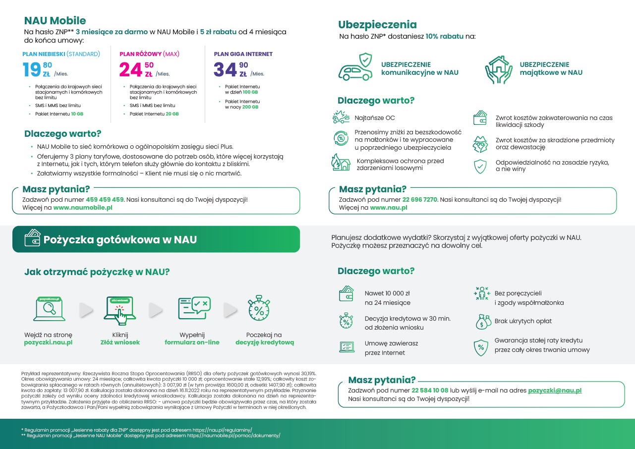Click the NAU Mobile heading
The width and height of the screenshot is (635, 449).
pos(55,21)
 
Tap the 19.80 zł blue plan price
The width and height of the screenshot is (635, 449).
pos(37,69)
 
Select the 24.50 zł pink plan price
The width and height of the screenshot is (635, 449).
pos(136,69)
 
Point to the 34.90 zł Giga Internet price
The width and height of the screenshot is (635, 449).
pos(230,69)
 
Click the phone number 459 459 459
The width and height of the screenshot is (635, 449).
pos(105,200)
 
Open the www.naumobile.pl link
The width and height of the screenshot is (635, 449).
pos(83,208)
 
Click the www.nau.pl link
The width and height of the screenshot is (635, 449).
pos(388,208)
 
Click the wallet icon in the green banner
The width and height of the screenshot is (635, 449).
pos(32,238)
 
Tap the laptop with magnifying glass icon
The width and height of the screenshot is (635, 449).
pos(49,309)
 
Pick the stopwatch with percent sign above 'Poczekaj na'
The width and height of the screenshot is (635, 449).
pos(259,308)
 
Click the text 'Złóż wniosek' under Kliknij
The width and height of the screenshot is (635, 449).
pos(120,342)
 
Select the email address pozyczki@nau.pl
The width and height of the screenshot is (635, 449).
pos(555,391)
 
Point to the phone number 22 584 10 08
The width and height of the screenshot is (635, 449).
pos(430,391)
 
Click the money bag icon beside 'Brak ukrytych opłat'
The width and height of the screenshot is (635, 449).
pos(483,322)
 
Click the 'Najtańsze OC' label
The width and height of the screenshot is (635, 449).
pos(375,118)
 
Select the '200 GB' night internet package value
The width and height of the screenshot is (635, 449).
pos(251,107)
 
